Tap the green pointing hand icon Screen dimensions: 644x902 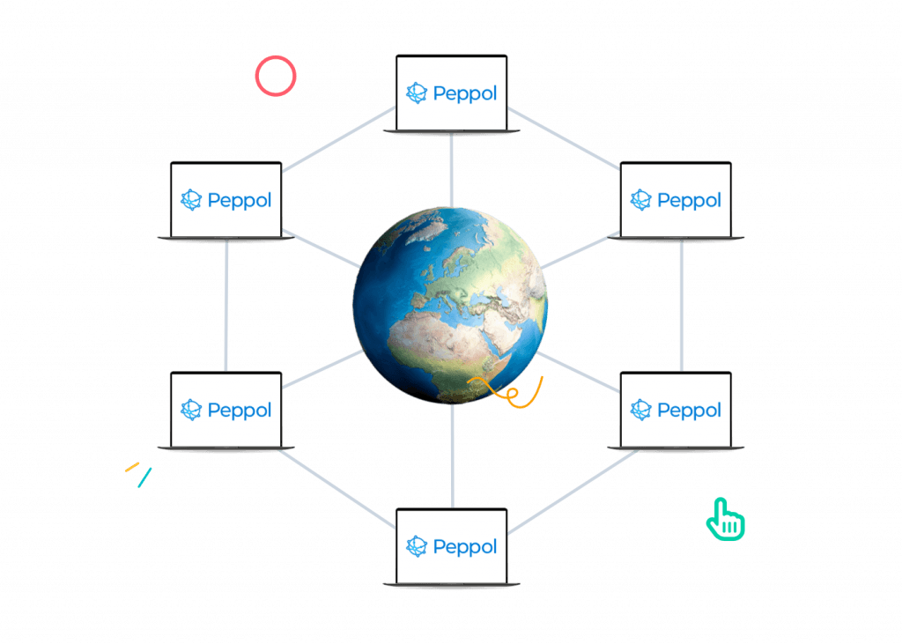(726, 519)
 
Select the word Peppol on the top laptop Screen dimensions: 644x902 (465, 93)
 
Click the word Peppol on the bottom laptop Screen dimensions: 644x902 (465, 547)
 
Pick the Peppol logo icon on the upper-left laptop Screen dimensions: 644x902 (191, 200)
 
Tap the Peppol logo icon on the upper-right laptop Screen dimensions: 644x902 (641, 200)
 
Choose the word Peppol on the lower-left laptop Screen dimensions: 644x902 (240, 410)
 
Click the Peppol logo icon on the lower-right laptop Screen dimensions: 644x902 (641, 410)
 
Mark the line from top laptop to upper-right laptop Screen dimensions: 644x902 (564, 138)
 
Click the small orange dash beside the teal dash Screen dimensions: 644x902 (132, 466)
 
